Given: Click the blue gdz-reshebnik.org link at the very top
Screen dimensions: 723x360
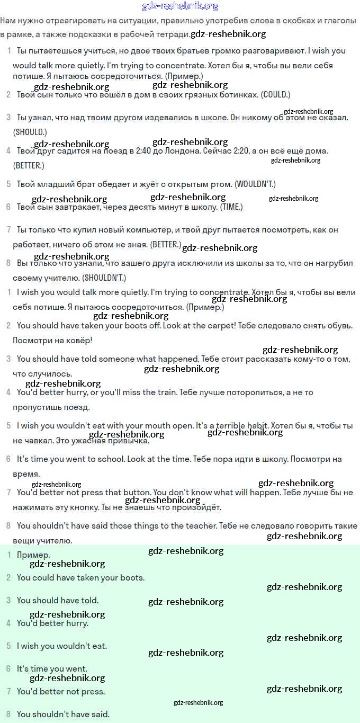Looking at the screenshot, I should (x=180, y=6).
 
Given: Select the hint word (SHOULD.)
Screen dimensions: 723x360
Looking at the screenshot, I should (x=30, y=131).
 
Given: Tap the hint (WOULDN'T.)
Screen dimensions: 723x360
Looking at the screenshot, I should (x=255, y=184).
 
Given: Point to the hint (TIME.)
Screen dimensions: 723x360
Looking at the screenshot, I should (x=231, y=207).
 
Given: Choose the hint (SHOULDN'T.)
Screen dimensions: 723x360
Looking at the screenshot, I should (x=104, y=278).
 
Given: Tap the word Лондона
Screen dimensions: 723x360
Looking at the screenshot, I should (x=197, y=150).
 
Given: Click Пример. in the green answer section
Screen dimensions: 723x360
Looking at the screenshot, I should (x=33, y=555).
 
